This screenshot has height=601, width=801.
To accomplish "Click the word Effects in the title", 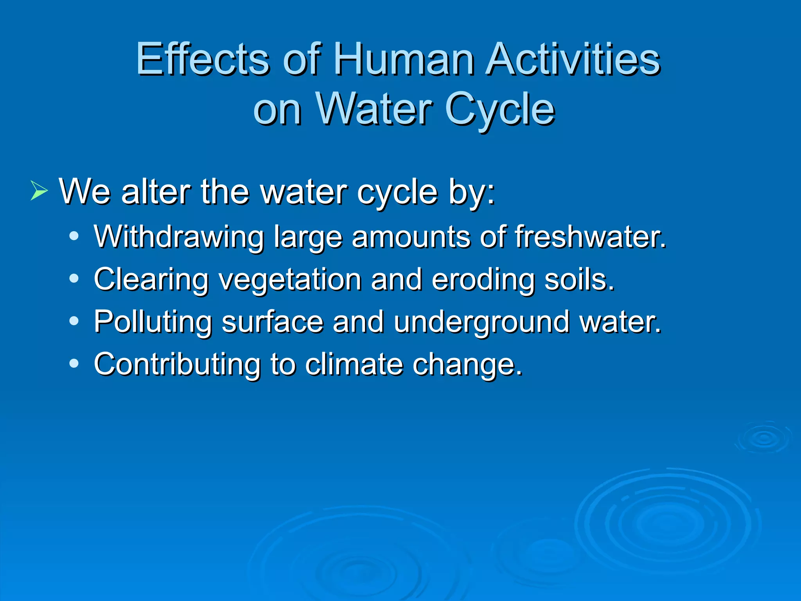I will click(203, 59).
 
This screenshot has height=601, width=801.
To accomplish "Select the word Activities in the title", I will click(573, 59).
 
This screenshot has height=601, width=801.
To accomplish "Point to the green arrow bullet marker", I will click(39, 191).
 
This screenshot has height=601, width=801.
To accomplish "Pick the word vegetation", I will click(290, 280).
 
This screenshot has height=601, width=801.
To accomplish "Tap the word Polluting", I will click(153, 322).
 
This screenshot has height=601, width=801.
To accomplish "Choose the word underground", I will click(481, 322).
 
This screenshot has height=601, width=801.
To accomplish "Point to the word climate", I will click(354, 364).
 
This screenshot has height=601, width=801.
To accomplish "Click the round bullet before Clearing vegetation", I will click(74, 279).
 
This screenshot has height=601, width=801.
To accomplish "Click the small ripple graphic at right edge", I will click(763, 438).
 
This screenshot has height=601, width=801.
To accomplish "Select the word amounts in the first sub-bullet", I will click(411, 237).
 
